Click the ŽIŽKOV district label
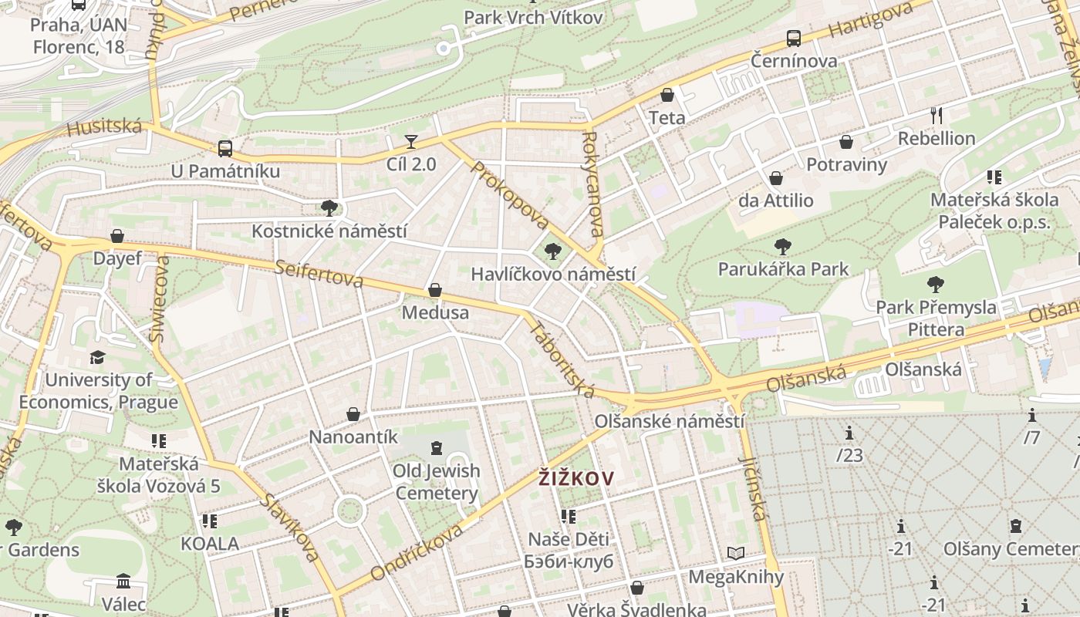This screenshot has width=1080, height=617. [x=576, y=478]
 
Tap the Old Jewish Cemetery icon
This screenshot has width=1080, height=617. [x=437, y=448]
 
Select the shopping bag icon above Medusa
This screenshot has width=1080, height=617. [x=435, y=290]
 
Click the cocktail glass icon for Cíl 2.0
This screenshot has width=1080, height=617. [x=411, y=141]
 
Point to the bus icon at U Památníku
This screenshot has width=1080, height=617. [x=224, y=148]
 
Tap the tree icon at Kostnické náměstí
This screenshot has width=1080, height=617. [x=329, y=208]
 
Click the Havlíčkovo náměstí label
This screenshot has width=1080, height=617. [x=553, y=275]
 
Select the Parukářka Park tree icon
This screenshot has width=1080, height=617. [x=783, y=247]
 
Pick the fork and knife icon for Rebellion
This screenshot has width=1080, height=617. [x=937, y=116]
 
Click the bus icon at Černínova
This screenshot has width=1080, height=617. [x=794, y=38]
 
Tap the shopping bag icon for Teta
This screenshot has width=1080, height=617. [x=667, y=95]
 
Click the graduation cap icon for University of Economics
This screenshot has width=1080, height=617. [x=97, y=357]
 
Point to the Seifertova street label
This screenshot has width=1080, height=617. [x=319, y=273]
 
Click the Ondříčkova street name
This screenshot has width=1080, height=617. [x=417, y=551]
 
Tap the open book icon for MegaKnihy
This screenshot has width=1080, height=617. [x=736, y=554]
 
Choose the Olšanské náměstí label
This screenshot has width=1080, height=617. [x=669, y=422]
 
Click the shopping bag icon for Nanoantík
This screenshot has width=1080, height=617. [x=353, y=414]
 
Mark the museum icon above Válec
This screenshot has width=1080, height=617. [x=123, y=581]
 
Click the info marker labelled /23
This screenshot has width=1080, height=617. [x=849, y=433]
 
